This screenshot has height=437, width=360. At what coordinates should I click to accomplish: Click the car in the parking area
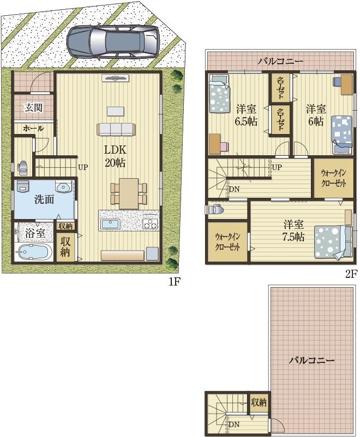[113, 42]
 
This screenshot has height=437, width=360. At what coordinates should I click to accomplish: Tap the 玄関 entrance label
[33, 107]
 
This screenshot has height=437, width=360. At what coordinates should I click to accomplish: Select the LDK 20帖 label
[115, 156]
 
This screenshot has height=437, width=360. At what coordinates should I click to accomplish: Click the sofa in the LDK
[116, 129]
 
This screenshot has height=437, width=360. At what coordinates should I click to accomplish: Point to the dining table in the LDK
[129, 193]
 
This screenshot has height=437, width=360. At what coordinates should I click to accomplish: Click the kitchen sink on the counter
[110, 224]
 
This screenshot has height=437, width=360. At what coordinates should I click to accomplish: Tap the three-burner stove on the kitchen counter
[150, 224]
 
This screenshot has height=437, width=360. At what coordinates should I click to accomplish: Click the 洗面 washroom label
[44, 199]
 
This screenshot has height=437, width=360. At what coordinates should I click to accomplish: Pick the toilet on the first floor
[22, 167]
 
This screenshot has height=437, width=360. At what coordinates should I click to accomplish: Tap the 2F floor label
[351, 275]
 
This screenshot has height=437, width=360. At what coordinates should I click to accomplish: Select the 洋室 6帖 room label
[316, 115]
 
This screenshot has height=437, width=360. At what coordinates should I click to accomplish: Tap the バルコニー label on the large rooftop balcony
[311, 361]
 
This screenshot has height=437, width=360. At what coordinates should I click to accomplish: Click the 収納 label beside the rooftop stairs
[259, 402]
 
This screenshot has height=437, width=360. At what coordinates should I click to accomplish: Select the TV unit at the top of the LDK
[115, 78]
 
